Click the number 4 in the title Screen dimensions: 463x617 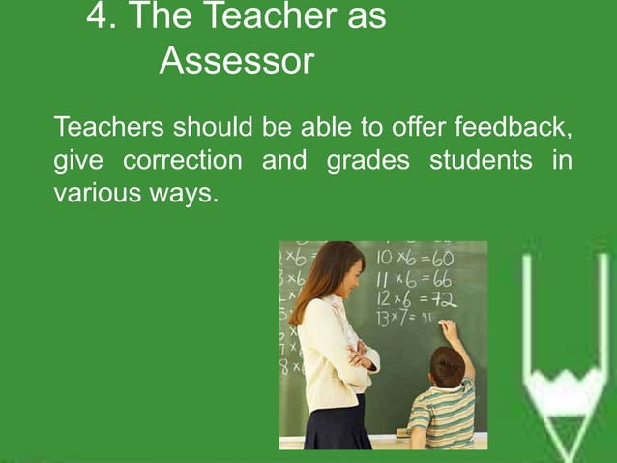[x=97, y=16]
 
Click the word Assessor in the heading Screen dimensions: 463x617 [x=237, y=61]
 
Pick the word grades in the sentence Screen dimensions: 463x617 [x=367, y=160]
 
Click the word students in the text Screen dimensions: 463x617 [x=479, y=160]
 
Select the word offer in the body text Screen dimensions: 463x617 [x=420, y=127]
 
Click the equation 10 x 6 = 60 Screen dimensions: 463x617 [x=416, y=261]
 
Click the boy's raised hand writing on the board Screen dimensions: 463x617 [x=447, y=330]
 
